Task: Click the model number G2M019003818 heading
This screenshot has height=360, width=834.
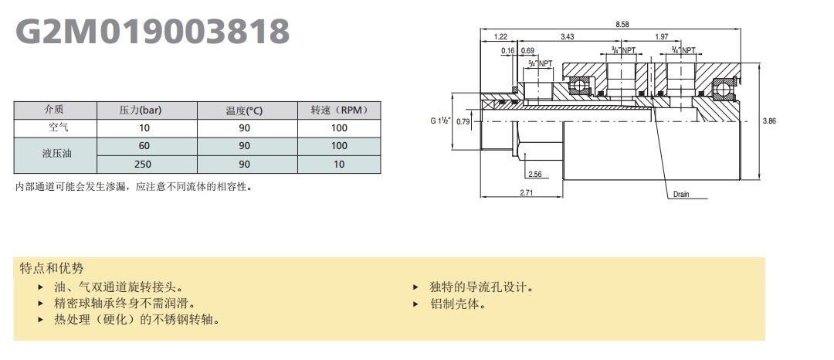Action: point(154,32)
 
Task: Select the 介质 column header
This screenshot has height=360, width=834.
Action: point(54,110)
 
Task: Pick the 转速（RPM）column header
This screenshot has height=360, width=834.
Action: point(339,110)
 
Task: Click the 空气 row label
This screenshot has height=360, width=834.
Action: point(54,127)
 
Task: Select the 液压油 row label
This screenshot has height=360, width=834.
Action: point(54,155)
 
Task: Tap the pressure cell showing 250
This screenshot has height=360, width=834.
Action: point(144,165)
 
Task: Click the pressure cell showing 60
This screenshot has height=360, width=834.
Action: point(144,146)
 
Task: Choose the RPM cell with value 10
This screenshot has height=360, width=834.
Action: point(339,165)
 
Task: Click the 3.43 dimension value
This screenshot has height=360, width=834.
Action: point(567,36)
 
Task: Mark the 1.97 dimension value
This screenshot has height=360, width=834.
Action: point(662,36)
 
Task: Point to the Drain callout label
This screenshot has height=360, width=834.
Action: point(680,194)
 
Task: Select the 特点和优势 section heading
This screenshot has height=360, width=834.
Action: point(51,268)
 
